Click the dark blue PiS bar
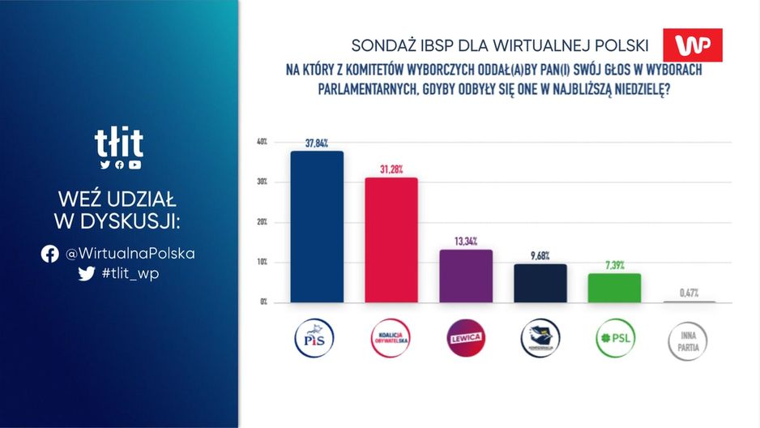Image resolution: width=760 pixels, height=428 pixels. (317, 227)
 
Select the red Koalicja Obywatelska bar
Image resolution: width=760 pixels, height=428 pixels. (391, 240)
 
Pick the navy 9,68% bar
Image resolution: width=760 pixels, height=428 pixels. (540, 283)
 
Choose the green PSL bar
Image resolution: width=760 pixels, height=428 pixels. (614, 288)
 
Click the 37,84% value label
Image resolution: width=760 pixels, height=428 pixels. (317, 143)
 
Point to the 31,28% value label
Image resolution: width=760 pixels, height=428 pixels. (391, 169)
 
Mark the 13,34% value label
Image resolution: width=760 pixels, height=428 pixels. (466, 242)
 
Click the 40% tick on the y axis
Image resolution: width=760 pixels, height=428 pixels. (262, 142)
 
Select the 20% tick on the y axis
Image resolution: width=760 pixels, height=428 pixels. (262, 222)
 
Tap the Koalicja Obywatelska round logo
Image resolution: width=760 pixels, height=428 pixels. (391, 339)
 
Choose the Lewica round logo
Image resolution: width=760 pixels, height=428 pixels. (466, 339)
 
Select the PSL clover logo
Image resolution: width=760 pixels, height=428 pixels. (614, 339)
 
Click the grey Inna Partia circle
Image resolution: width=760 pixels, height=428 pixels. (689, 339)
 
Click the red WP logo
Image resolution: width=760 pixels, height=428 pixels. (692, 45)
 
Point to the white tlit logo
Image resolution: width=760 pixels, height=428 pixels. (119, 144)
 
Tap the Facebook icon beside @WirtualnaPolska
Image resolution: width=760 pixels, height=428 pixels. (50, 254)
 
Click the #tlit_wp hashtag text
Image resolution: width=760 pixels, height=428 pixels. (130, 273)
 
